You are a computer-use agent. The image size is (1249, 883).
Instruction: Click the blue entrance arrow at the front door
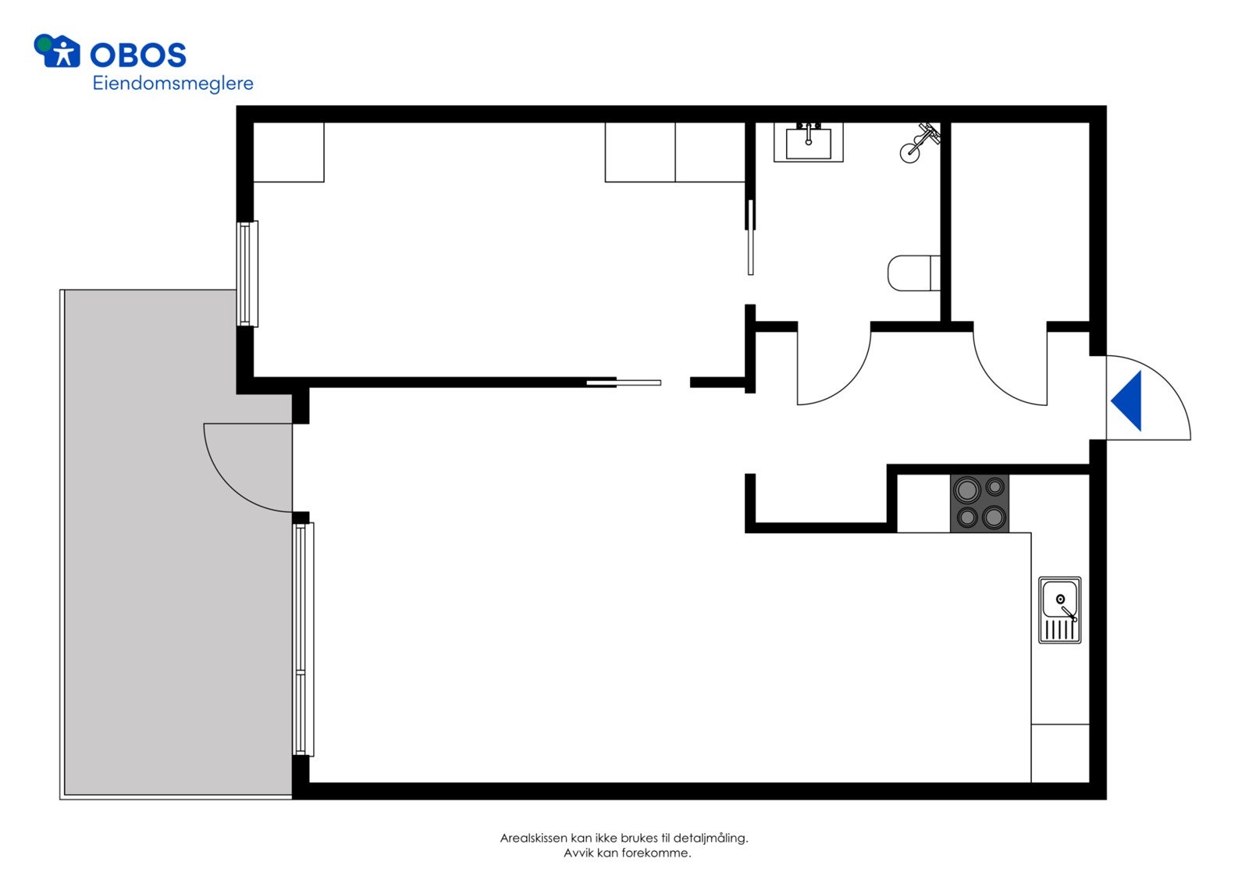[x=1129, y=401]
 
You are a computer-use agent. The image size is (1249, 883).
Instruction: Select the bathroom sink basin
[x=808, y=144]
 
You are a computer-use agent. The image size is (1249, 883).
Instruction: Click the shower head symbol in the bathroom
[x=919, y=142]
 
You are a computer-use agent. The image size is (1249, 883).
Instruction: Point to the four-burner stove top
[x=980, y=504]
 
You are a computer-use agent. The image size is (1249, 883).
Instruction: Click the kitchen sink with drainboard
[x=1059, y=610]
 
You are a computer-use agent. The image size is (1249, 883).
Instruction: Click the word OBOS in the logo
[x=137, y=55]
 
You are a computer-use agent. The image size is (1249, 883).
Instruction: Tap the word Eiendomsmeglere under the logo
[x=173, y=83]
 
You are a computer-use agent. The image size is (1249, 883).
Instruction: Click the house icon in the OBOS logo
[x=58, y=52]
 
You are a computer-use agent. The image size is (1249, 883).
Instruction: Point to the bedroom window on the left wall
[x=247, y=273]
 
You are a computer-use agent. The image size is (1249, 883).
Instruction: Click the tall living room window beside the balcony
[x=303, y=639]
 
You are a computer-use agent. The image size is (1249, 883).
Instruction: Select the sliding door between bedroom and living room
[x=624, y=383]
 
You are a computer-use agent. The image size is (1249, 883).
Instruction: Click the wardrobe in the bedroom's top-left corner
[x=289, y=152]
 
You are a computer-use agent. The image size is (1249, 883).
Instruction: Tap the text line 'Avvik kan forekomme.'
[x=627, y=853]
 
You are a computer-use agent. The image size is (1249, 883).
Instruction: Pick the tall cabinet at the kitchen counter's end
[x=1059, y=753]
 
